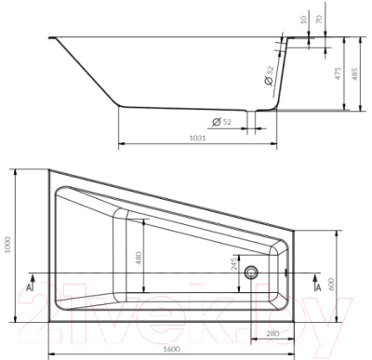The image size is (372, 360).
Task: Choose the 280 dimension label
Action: [x=272, y=334]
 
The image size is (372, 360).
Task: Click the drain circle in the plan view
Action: [x=250, y=273]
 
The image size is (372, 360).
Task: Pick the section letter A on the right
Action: [x=319, y=287]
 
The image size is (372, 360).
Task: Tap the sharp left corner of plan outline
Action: [x=47, y=170]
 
